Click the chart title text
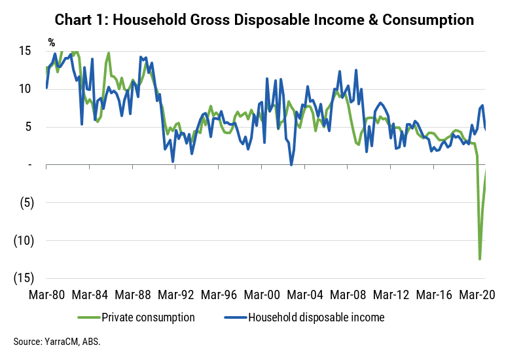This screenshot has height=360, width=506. pos(264,20)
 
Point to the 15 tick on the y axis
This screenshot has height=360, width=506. pos(25,50)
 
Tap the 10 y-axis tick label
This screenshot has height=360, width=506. pos(25,89)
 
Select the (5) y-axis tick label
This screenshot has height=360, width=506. pos(27,203)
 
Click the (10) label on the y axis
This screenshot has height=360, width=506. pos(24,241)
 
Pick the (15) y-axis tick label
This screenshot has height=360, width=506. pos(24,278)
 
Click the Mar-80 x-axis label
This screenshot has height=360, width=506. pos(46,295)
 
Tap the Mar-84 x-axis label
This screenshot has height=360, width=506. pos(90,295)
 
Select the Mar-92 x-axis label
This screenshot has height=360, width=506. pos(176,295)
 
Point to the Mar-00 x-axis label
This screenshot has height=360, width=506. pos(262,295)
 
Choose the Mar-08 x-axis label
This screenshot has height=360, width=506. pos(348,295)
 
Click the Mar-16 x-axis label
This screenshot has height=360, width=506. pos(435,295)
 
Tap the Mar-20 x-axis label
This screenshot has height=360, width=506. pos(477,295)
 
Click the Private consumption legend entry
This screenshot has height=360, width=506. pos(136,317)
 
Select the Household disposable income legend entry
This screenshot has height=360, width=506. pos(304,317)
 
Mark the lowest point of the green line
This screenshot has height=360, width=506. pos(480,259)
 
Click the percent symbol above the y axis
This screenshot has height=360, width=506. pos(51,43)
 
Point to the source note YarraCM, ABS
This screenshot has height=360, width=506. pos(57,342)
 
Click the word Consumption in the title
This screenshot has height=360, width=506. pos(428,20)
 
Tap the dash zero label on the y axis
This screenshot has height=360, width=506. pos(30,165)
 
